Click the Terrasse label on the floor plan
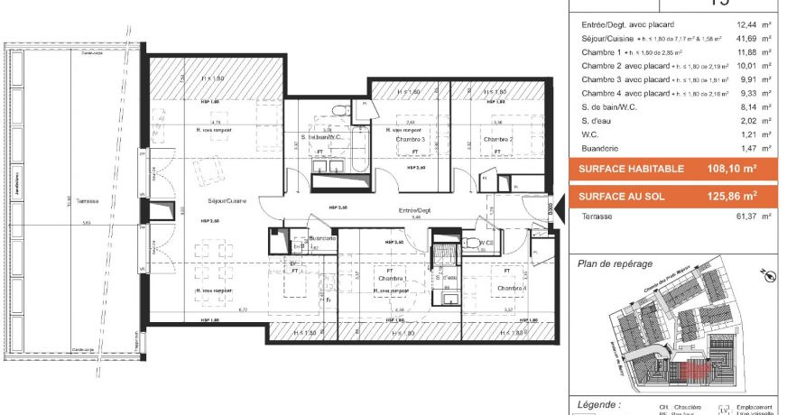[x=88, y=201]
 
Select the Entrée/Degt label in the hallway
[x=416, y=210]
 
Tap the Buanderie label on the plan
[x=322, y=238]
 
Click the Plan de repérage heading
[x=613, y=263]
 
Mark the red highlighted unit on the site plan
[x=695, y=369]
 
